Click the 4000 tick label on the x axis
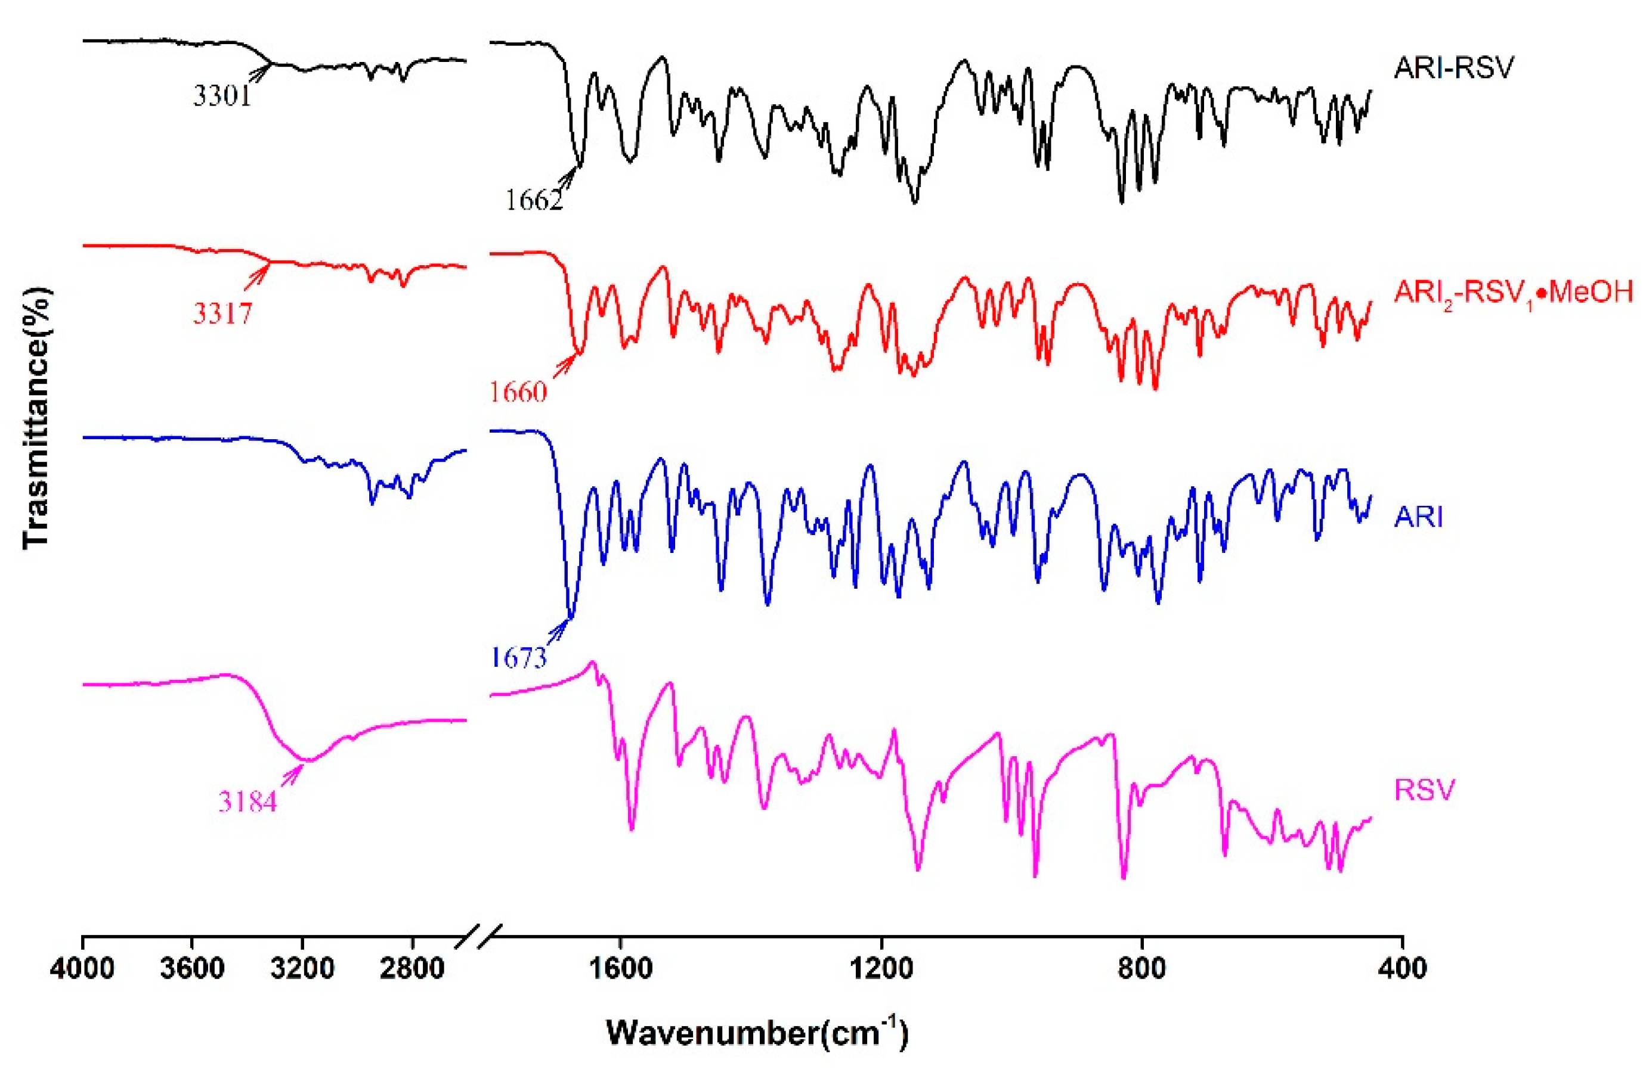point(82,968)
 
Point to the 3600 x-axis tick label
point(191,968)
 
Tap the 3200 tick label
point(302,968)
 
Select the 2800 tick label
point(411,968)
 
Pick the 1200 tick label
point(881,968)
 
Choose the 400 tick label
point(1403,968)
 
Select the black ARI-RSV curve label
point(1454,68)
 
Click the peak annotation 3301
point(221,96)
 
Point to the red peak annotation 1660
point(518,393)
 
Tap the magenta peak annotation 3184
point(247,801)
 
